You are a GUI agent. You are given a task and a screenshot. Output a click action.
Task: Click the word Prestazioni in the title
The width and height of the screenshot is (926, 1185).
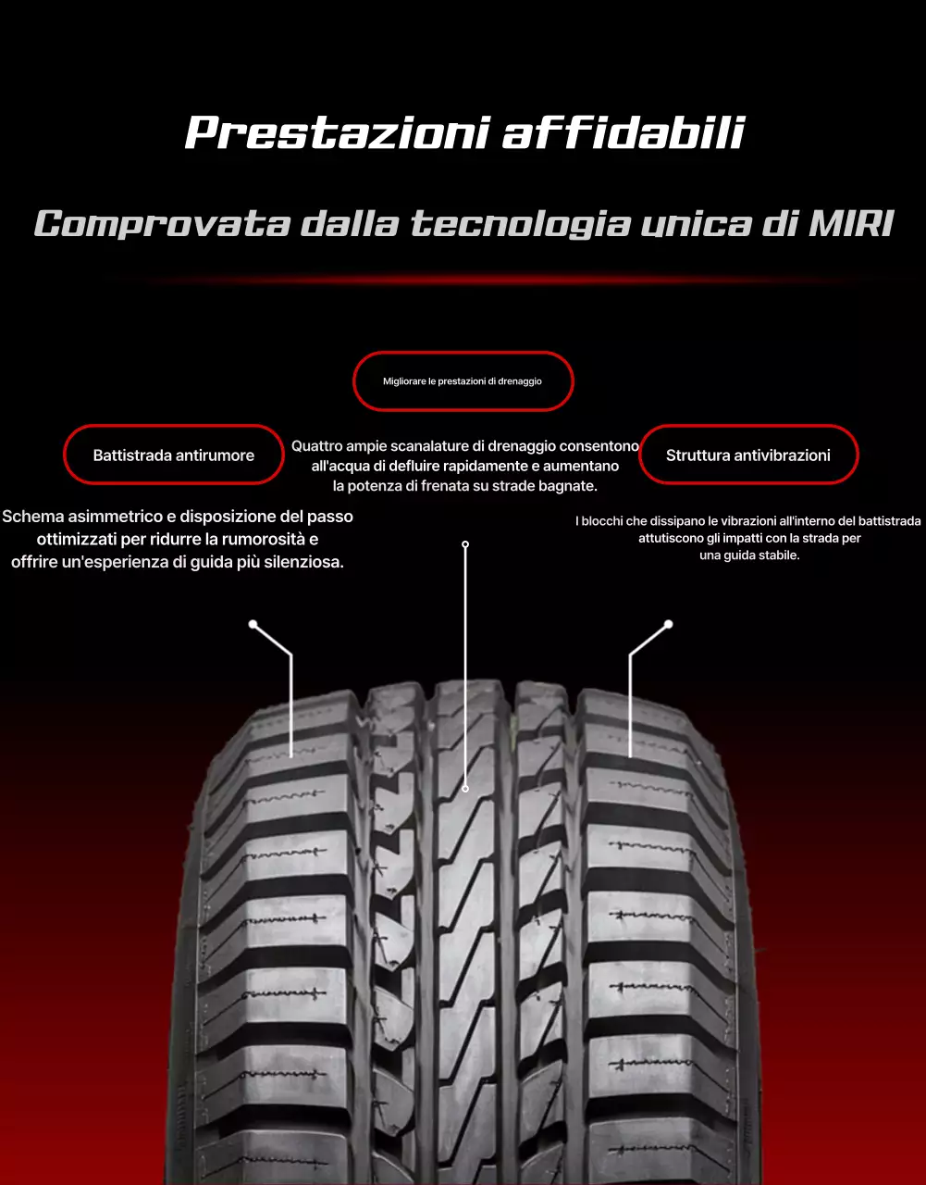[337, 133]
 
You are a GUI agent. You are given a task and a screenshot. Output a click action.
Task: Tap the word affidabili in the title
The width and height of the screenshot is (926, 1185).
[624, 133]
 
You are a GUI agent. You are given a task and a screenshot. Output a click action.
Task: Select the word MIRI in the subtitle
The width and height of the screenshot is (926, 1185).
[851, 225]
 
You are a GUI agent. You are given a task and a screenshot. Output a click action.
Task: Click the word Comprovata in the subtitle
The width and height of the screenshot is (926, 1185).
[161, 225]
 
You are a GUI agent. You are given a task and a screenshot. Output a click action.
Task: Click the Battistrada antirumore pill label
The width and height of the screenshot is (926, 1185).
[173, 455]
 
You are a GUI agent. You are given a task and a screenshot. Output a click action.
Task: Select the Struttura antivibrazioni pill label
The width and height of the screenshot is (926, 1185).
[748, 455]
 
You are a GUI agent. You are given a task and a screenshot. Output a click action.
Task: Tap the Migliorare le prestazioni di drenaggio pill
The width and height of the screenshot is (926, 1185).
[463, 381]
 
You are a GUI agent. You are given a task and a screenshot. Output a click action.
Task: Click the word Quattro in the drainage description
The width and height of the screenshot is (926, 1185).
[316, 446]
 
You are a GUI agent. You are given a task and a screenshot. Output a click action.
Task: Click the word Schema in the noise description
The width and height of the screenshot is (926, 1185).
[32, 517]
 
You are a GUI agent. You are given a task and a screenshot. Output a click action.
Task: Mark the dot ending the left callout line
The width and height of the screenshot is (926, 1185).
[253, 624]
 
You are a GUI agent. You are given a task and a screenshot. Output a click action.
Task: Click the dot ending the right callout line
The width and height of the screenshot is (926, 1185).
[669, 624]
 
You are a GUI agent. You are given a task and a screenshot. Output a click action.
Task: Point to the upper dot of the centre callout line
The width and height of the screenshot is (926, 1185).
[465, 544]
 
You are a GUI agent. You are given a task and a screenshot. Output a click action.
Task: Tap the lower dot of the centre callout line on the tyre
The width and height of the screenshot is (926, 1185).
[465, 789]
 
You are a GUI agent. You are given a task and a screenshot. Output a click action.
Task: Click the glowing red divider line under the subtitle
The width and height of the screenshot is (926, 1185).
[463, 280]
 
